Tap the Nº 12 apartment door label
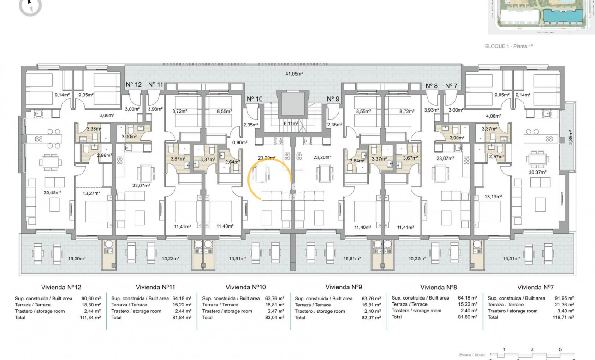pyautogui.click(x=134, y=84)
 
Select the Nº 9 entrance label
pyautogui.click(x=333, y=99)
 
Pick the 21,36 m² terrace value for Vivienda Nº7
pyautogui.click(x=564, y=305)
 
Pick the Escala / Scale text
pyautogui.click(x=472, y=354)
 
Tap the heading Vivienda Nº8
pyautogui.click(x=439, y=287)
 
